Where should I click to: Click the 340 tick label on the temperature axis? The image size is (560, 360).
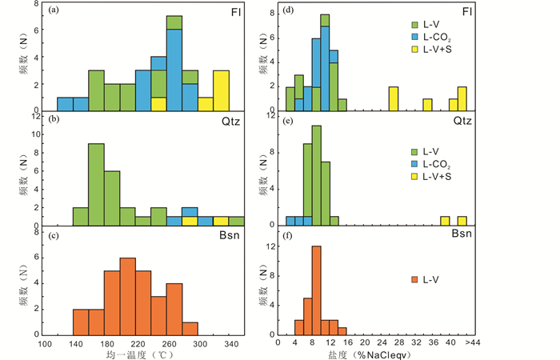click(233, 344)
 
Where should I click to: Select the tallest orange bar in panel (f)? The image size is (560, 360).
click(317, 291)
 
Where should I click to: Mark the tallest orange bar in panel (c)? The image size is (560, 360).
click(128, 297)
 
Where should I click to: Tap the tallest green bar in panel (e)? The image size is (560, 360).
click(317, 175)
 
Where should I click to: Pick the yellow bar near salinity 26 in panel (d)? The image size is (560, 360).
click(394, 98)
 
